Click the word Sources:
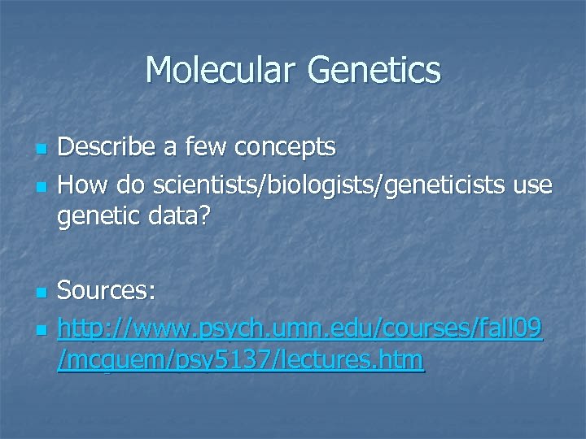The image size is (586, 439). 109,290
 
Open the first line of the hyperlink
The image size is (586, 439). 299,328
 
